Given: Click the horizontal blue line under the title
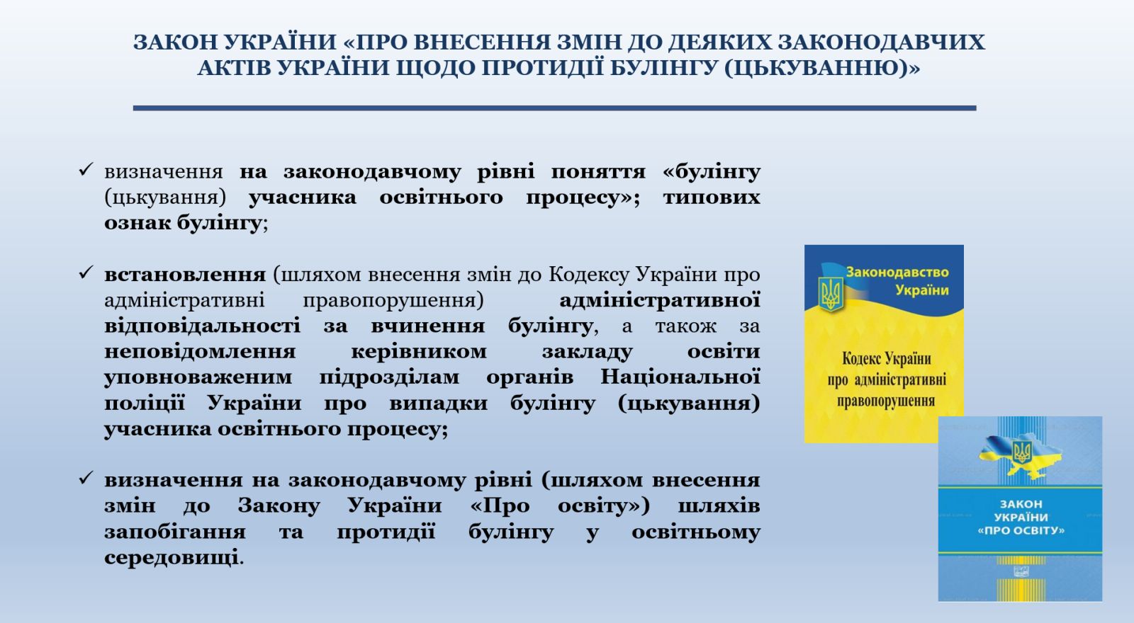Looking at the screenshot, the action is coord(554,108).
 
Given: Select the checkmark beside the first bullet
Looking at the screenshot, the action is coord(86,169).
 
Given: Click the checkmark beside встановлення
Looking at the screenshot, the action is coord(86,273).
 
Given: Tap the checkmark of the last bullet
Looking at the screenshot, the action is coord(86,478).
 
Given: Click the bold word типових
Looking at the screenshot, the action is coord(712,198).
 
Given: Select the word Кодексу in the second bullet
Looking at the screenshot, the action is coord(589,275).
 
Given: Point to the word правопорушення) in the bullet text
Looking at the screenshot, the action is coord(393,301).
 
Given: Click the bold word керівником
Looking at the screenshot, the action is coord(419,351).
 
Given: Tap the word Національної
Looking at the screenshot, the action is coord(680,377).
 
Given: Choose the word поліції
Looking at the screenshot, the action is coord(145,404).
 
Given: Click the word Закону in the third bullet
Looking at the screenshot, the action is coord(279,505).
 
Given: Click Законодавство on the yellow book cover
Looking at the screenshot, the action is coord(897,272).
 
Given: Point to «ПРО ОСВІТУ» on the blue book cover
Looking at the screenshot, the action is coord(1021,530).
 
